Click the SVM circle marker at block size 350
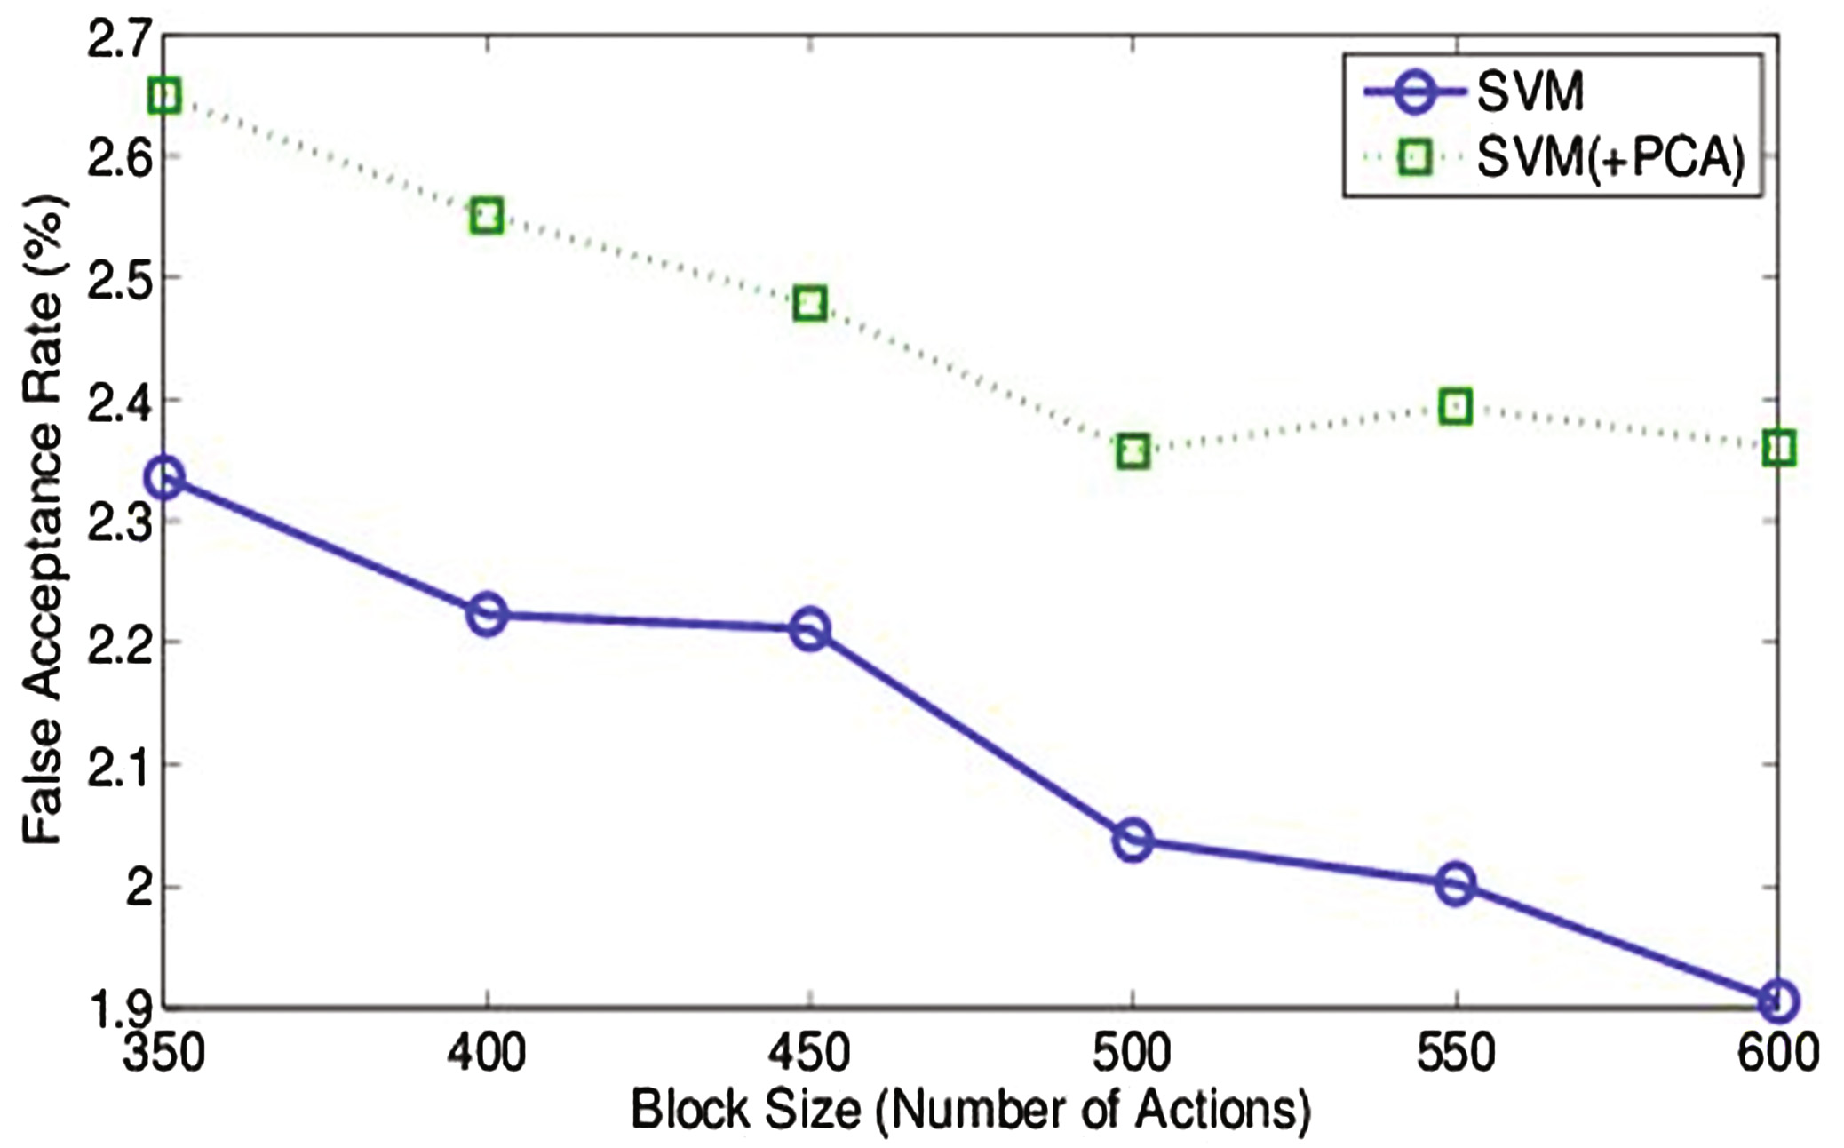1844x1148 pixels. [165, 478]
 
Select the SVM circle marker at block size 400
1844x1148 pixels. [487, 614]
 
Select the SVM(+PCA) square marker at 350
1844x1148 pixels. [165, 95]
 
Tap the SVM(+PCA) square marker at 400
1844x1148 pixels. [487, 215]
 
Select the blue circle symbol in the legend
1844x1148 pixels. [1416, 92]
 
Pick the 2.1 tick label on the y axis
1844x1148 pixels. [115, 764]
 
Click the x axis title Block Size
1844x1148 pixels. [971, 1110]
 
